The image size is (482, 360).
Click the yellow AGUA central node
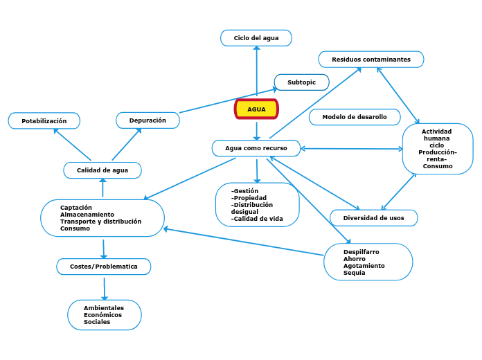point(256,109)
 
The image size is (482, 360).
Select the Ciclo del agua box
point(256,38)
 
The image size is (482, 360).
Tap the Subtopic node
point(301,82)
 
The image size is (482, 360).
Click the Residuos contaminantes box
point(371,60)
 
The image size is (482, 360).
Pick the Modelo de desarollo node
point(355,117)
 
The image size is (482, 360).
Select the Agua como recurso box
point(256,148)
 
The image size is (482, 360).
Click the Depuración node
point(148,120)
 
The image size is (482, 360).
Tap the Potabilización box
point(44,121)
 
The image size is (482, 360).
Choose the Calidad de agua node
point(102,170)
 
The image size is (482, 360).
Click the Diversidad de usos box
point(373,218)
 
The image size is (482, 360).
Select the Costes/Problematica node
point(103,267)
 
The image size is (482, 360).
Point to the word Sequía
point(354,273)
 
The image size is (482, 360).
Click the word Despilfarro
point(361,252)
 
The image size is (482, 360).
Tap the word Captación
point(76,208)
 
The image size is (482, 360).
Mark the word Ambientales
point(104,308)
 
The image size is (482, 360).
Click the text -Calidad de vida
point(257,219)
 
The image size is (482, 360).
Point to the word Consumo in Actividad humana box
point(438,166)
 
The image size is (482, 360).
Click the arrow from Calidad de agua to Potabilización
point(73,145)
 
